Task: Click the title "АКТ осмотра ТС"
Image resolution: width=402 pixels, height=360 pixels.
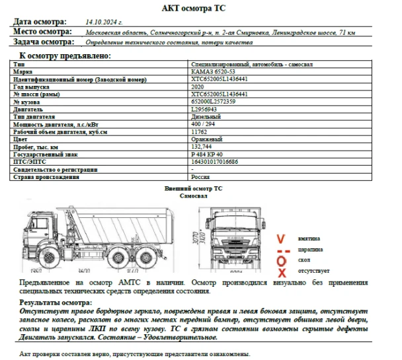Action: point(200,7)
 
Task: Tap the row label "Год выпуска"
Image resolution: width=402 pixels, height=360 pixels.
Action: point(31,87)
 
